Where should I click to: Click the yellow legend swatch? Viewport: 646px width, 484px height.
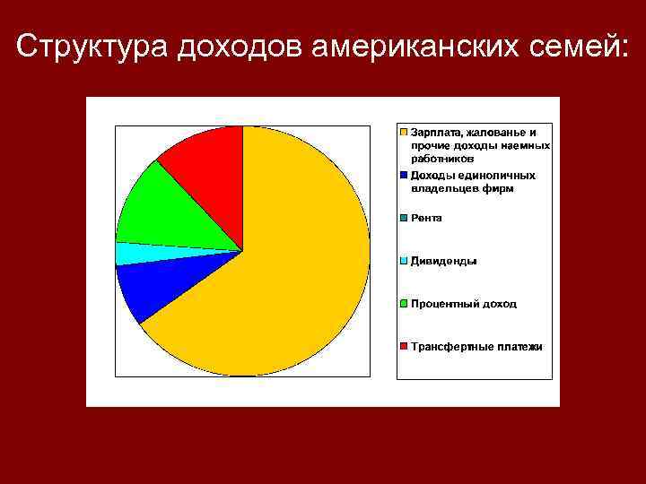405,133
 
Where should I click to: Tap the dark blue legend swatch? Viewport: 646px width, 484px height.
405,176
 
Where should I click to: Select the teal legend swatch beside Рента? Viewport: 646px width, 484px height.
405,218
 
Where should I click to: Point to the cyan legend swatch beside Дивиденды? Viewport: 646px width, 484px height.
405,261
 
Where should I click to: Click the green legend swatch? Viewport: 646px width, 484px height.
405,304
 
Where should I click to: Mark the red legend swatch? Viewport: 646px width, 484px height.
405,346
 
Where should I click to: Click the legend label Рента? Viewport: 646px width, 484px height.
426,218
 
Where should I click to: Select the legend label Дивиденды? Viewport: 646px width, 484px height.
443,261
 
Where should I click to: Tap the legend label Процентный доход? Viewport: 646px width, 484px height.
464,304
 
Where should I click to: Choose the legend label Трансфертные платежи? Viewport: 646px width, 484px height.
476,346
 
